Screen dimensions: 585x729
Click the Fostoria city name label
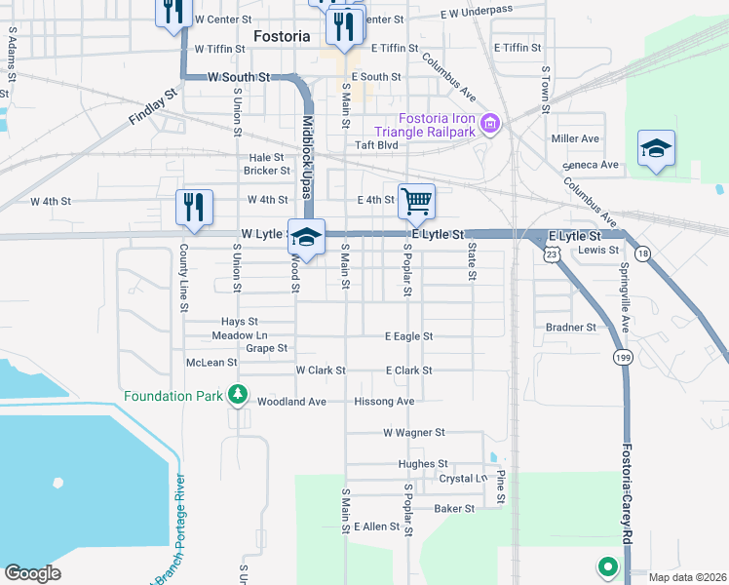click(281, 36)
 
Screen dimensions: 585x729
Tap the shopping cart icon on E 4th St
click(416, 201)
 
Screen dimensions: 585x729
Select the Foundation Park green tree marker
click(236, 395)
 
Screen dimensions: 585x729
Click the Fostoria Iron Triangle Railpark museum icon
click(490, 124)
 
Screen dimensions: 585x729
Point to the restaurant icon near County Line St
click(194, 207)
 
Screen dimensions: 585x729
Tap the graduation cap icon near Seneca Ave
click(656, 148)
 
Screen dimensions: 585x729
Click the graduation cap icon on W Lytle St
click(306, 237)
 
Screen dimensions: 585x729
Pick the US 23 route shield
click(552, 253)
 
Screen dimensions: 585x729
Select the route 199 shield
click(622, 359)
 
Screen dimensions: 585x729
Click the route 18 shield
click(642, 253)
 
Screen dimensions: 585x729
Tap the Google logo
click(32, 572)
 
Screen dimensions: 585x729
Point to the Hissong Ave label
click(385, 402)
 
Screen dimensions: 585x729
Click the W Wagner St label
click(413, 432)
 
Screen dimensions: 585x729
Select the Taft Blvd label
click(377, 145)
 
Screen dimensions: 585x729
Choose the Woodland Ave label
click(290, 402)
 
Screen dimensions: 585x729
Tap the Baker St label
click(453, 508)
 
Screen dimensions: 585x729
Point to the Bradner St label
click(570, 328)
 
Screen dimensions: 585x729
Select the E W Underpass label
click(477, 11)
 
